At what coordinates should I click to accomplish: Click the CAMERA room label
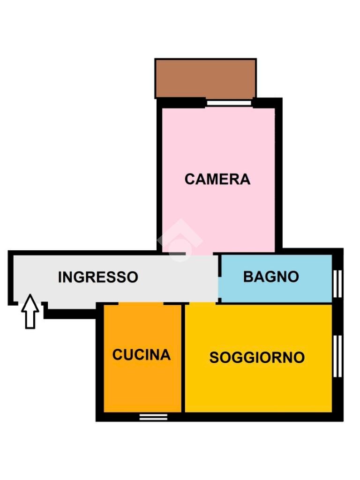[x=217, y=179]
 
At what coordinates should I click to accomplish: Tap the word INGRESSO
[x=98, y=277]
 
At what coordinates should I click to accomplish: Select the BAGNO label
[x=271, y=277]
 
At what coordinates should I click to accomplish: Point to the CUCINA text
[x=141, y=354]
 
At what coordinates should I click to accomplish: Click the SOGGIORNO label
[x=257, y=358]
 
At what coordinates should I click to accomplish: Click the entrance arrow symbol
[x=30, y=311]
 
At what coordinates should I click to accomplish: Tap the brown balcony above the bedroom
[x=205, y=78]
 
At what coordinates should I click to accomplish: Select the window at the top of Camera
[x=229, y=103]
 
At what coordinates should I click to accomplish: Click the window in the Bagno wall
[x=337, y=284]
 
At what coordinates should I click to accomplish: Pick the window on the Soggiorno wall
[x=337, y=356]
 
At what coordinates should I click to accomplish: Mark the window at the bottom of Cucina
[x=153, y=417]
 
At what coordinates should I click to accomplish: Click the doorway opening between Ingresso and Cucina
[x=141, y=304]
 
